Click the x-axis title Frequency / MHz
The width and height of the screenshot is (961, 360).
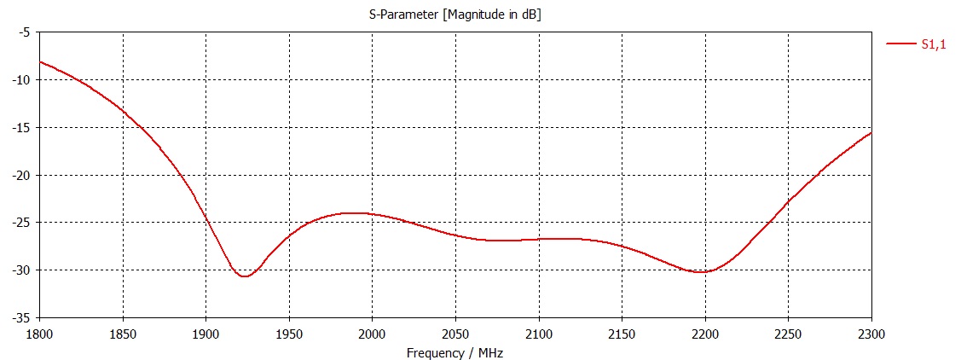point(454,352)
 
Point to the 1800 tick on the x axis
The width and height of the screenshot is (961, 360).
point(40,331)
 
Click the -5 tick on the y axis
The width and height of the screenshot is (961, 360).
point(24,32)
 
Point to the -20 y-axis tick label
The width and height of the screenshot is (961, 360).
point(20,175)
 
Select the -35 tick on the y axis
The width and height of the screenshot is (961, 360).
point(20,317)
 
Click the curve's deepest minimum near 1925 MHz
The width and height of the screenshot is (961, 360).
point(244,276)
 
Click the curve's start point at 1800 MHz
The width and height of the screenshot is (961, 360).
point(41,61)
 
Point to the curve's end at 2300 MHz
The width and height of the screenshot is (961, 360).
point(871,132)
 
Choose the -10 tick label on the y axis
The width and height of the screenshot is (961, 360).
point(20,80)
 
